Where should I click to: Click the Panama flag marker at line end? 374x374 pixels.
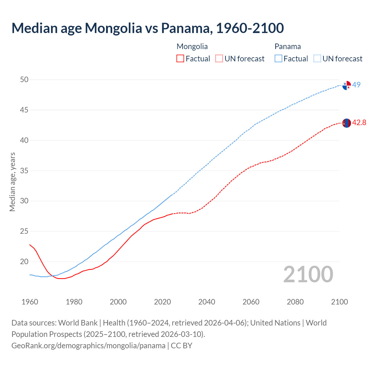347,85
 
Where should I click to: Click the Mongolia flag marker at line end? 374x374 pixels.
347,123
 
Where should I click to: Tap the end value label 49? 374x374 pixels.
356,85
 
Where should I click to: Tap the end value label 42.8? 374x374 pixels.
359,123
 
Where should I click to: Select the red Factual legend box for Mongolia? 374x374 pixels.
180,59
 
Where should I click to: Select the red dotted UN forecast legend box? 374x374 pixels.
219,59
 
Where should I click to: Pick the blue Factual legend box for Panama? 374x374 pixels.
278,59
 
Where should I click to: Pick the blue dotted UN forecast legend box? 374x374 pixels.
317,59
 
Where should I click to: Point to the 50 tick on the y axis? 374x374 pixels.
24,79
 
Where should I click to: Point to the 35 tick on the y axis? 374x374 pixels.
24,171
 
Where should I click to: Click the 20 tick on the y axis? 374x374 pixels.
24,262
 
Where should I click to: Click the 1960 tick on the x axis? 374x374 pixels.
30,302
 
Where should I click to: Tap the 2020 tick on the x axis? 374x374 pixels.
162,302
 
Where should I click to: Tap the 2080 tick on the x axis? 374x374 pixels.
295,302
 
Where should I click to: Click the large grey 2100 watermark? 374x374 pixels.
308,274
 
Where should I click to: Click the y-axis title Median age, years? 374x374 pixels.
12,182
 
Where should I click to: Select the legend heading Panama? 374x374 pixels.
288,46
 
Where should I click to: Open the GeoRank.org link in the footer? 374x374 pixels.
88,345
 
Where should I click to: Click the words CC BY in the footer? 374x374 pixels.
181,345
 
